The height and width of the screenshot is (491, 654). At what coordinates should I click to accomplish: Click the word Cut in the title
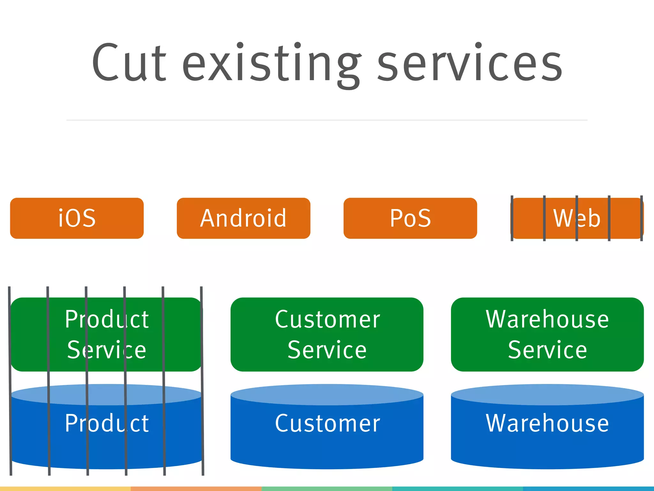(x=129, y=62)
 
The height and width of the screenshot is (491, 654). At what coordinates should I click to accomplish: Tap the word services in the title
(x=469, y=62)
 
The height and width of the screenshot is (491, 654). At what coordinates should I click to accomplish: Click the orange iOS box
(x=77, y=218)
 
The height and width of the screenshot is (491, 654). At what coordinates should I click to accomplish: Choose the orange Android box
(x=243, y=218)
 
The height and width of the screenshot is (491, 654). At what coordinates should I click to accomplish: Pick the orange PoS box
(x=410, y=218)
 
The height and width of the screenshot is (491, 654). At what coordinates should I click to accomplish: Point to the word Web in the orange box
(x=577, y=218)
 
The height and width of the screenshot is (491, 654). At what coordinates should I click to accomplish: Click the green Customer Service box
(x=327, y=334)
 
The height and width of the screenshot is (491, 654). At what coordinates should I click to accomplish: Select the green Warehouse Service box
(x=547, y=334)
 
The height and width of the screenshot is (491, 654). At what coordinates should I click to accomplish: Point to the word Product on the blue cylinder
(x=107, y=423)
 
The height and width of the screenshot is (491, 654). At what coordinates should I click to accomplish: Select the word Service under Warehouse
(x=547, y=350)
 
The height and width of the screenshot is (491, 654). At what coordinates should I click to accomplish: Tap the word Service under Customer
(x=327, y=350)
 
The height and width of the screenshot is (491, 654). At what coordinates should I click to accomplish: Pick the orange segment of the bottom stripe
(x=196, y=489)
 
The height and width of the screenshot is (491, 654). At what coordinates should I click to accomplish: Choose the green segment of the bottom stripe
(x=327, y=489)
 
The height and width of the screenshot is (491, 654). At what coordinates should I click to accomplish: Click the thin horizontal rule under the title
(x=327, y=120)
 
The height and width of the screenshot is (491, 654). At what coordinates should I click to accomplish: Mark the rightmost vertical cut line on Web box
(x=641, y=218)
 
